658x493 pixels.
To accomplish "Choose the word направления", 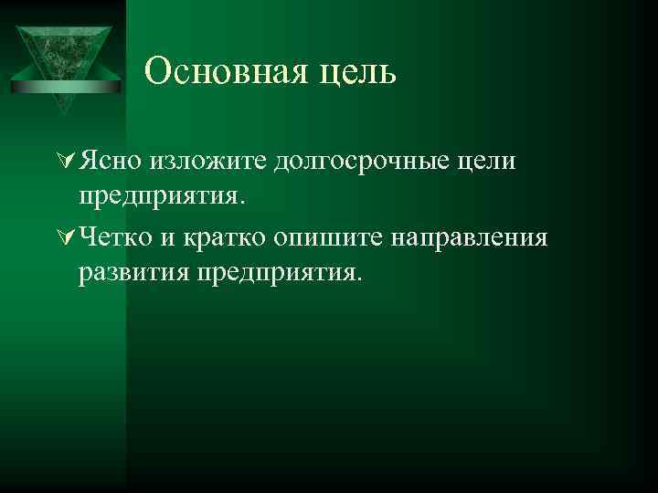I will click(x=470, y=238).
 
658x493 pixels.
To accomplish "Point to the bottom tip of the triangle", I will click(x=63, y=113).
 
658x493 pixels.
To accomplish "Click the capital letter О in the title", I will click(x=157, y=70).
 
